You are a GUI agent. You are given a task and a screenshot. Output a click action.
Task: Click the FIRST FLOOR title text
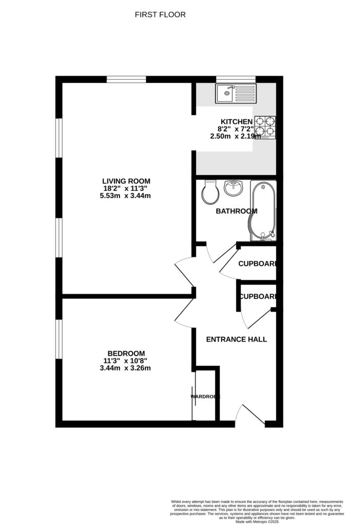point(160,15)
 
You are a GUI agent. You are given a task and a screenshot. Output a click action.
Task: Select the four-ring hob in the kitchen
point(265,126)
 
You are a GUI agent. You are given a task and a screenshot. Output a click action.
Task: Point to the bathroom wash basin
point(234,188)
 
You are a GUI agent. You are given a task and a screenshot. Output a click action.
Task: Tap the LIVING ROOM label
point(126,181)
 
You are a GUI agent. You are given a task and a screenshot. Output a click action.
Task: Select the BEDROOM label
point(126,353)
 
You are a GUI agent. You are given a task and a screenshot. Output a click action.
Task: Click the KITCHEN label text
point(237,121)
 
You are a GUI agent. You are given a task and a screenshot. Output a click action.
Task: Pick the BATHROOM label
point(236,211)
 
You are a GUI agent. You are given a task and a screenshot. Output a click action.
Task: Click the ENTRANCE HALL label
point(236,339)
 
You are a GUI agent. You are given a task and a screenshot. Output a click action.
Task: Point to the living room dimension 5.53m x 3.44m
point(126,195)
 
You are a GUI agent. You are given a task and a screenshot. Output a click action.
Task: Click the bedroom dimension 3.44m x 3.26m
point(126,367)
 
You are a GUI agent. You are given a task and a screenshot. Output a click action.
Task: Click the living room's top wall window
point(126,79)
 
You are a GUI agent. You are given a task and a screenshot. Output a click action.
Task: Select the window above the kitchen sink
point(235,79)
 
